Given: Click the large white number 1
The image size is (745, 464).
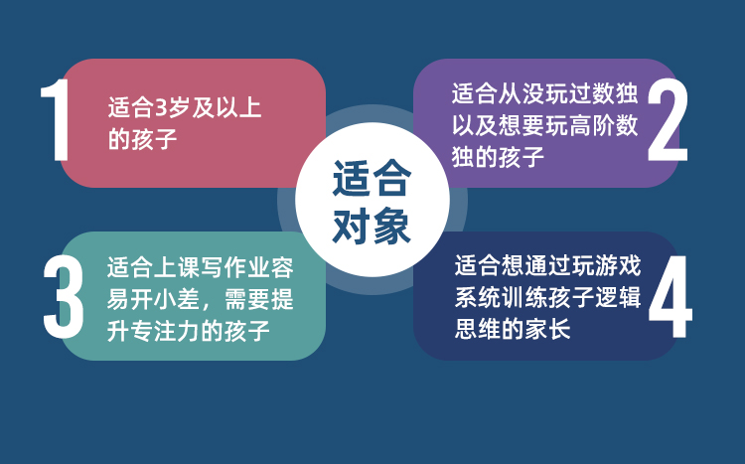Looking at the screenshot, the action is tap(57, 120).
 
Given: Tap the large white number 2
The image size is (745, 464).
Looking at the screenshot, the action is tap(668, 120).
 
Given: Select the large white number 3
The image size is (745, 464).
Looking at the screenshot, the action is tap(64, 297).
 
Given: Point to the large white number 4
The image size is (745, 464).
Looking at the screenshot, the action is tap(670, 297).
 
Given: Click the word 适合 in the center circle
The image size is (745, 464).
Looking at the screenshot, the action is tap(372, 178).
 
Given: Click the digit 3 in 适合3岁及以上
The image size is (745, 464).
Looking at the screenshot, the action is tap(162, 108).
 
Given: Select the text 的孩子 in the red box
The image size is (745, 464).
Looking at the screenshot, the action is tap(142, 139).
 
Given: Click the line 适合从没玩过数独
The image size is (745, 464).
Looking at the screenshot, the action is tap(544, 93).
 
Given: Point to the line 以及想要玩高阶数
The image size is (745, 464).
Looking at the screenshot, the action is tap(544, 125).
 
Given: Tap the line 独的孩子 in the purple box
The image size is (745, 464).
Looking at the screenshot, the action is tap(498, 157).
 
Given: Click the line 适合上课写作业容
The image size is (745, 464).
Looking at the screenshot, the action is tap(200, 267).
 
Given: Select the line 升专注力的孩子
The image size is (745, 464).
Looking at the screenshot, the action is tap(189, 331).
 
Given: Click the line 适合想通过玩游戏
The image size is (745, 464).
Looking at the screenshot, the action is tap(547, 265).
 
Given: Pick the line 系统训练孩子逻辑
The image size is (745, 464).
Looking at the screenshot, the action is tap(547, 297).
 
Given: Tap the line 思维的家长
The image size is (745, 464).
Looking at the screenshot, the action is tap(513, 329).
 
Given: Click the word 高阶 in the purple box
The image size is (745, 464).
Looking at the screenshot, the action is tap(591, 125).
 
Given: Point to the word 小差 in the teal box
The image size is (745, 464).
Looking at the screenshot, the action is tap(177, 299).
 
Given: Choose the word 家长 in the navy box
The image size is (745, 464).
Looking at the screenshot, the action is tap(547, 329).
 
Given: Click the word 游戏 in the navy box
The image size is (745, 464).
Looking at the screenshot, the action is tap(618, 265).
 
